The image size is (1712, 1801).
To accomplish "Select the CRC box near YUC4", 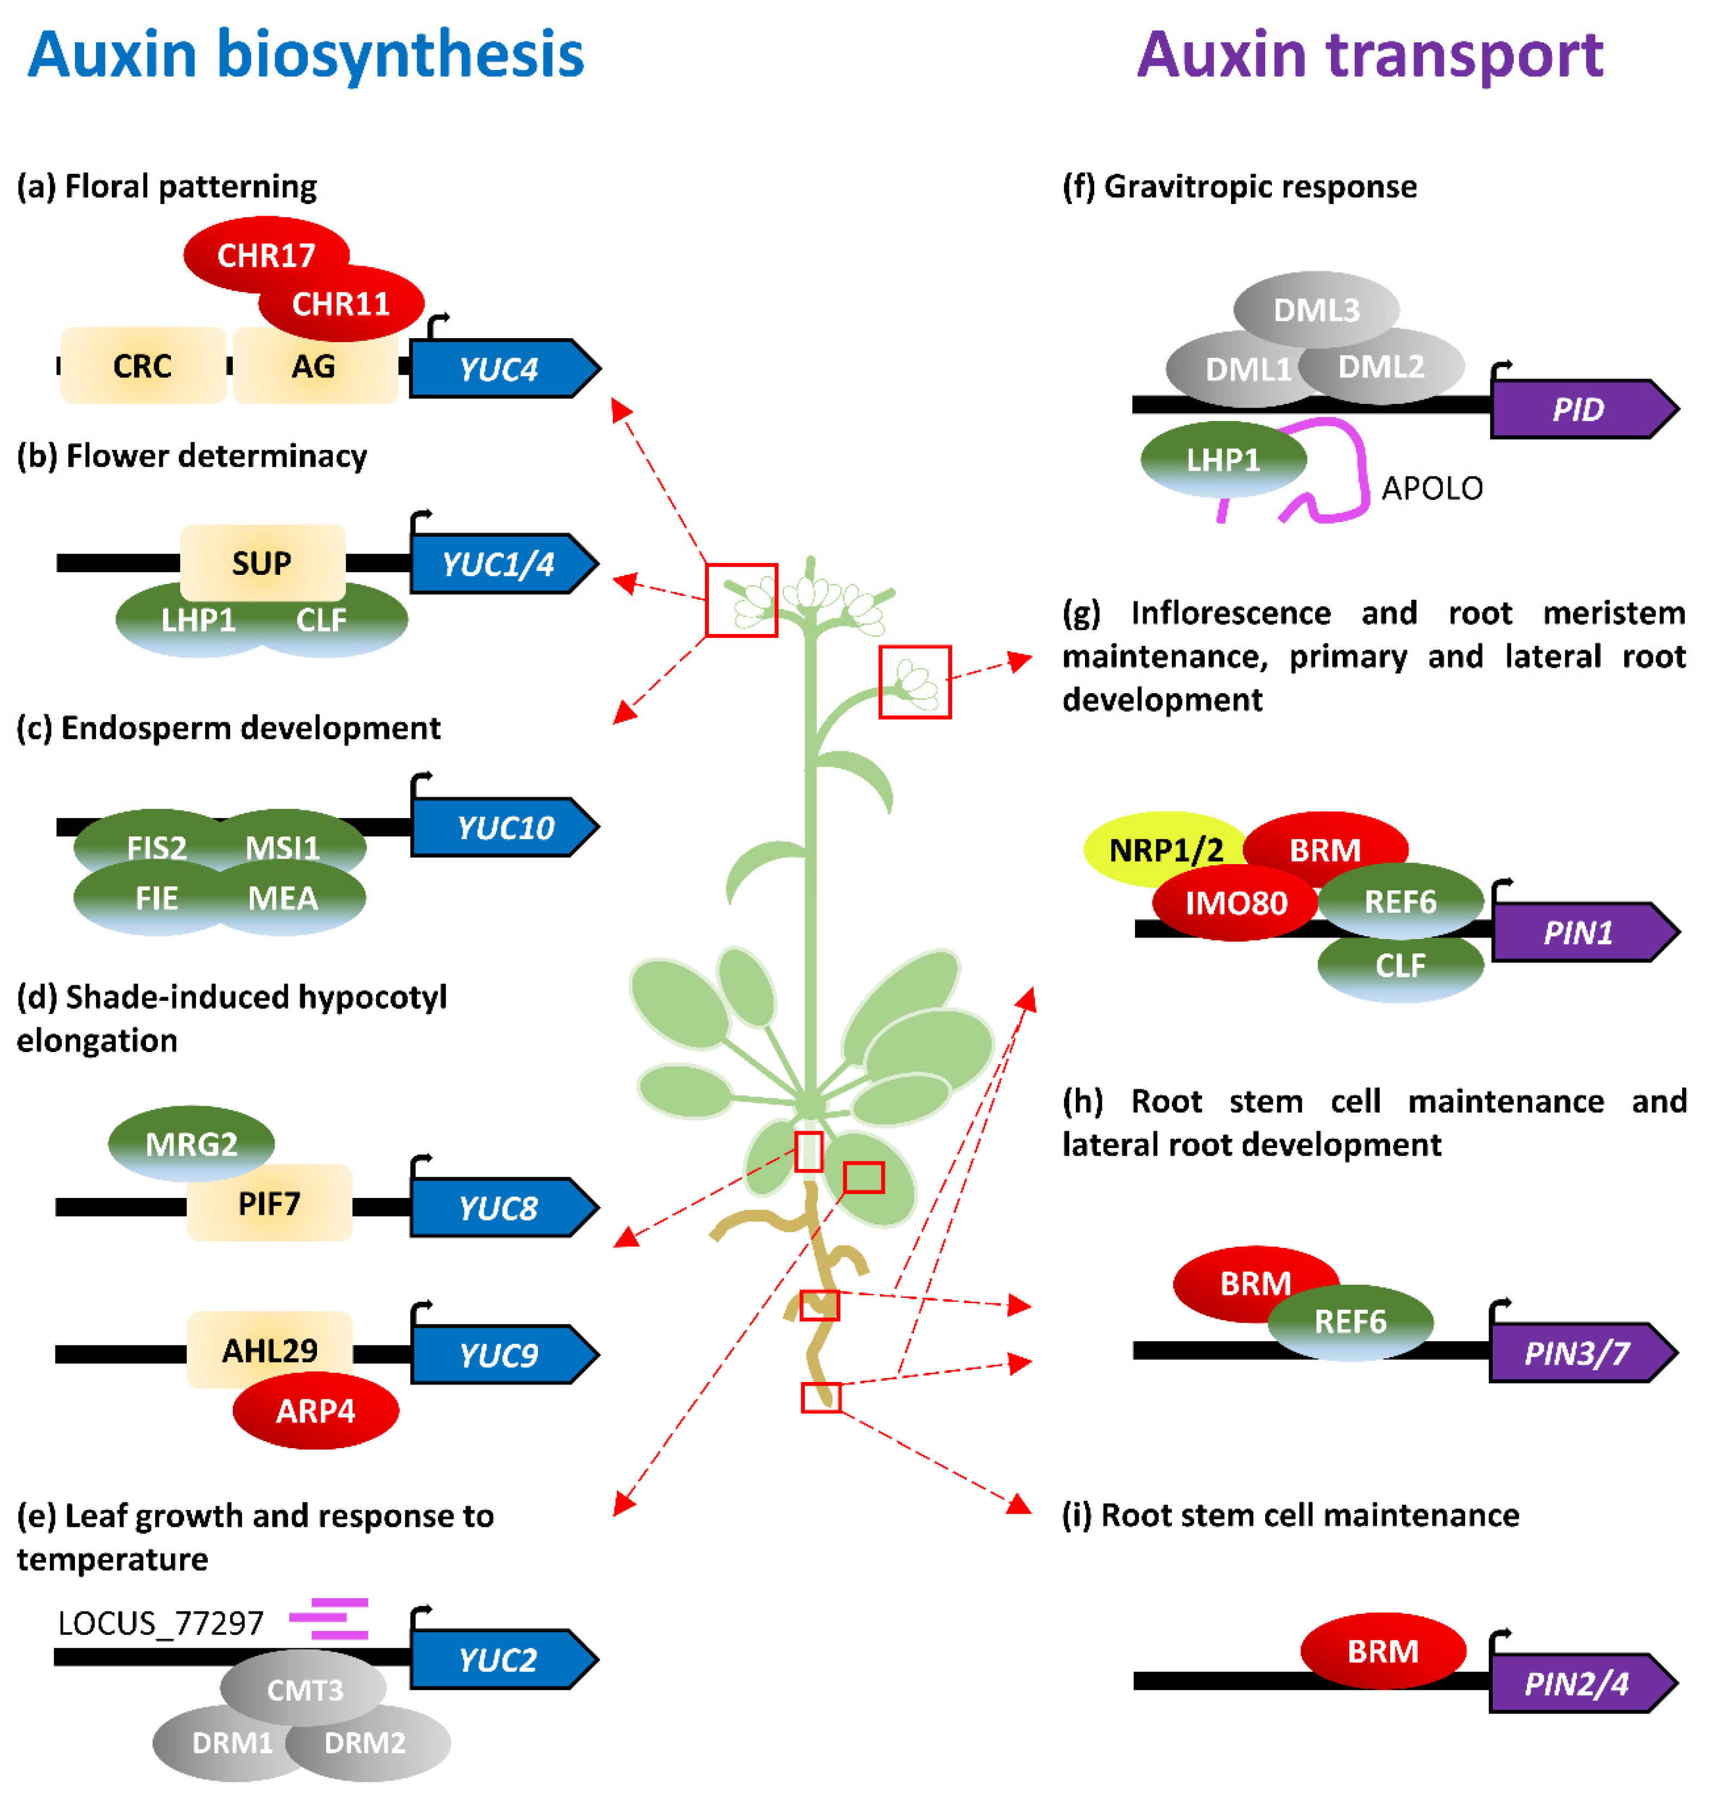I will (x=142, y=366).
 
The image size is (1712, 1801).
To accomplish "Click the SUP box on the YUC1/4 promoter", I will (x=262, y=563).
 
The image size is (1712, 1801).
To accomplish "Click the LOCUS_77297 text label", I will (x=161, y=1623).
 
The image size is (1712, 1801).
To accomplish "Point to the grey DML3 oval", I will (x=1316, y=309).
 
